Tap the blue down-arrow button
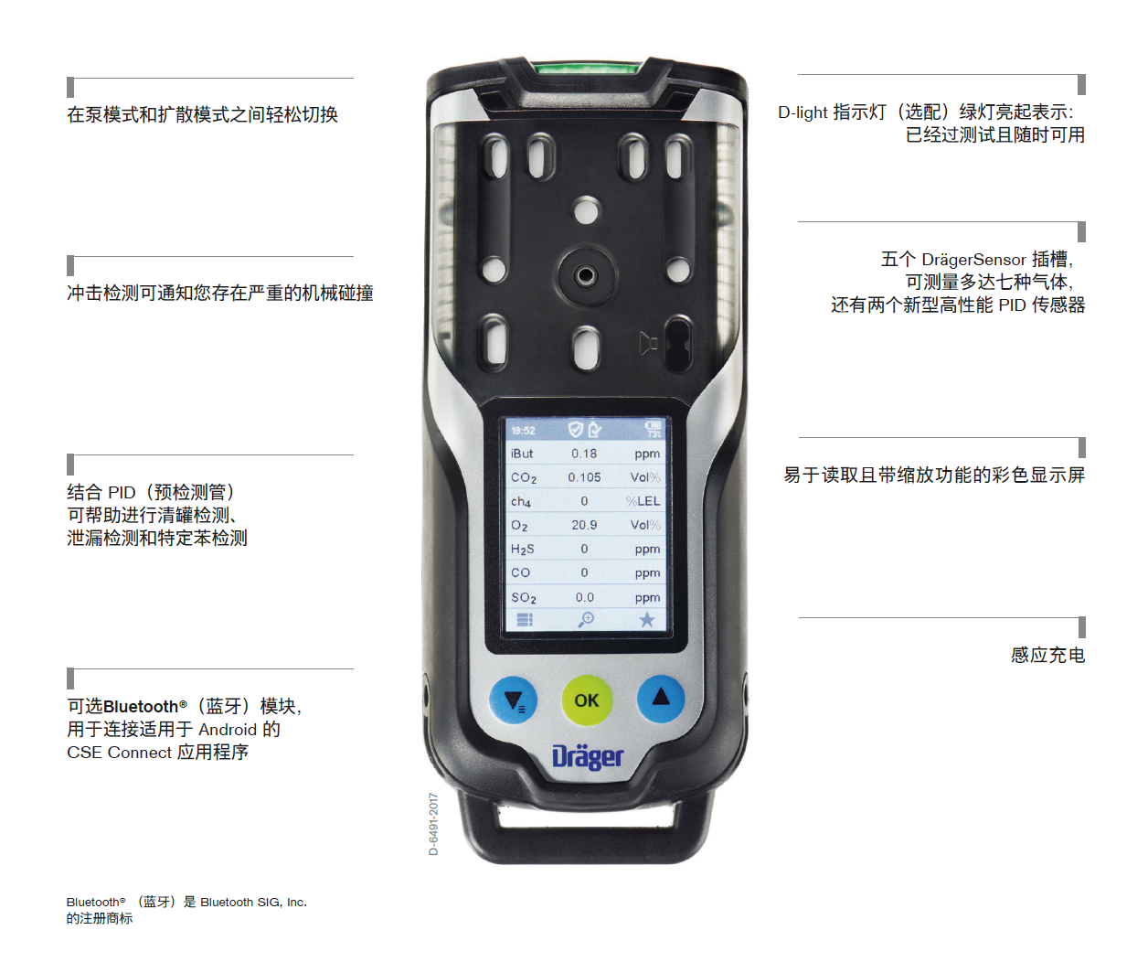coord(513,700)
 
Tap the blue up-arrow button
coord(660,699)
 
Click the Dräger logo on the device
coord(587,757)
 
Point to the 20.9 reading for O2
coord(584,525)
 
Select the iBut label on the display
coord(521,454)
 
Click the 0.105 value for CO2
coord(584,476)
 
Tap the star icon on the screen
coord(646,620)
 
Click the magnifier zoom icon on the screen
coord(586,619)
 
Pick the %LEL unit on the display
coord(643,501)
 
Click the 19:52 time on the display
coord(522,431)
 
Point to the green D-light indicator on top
coord(587,69)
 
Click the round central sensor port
coord(585,274)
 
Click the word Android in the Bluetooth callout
coord(228,730)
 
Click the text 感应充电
coord(1047,655)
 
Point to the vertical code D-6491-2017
coord(433,824)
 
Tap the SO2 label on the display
coord(523,597)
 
